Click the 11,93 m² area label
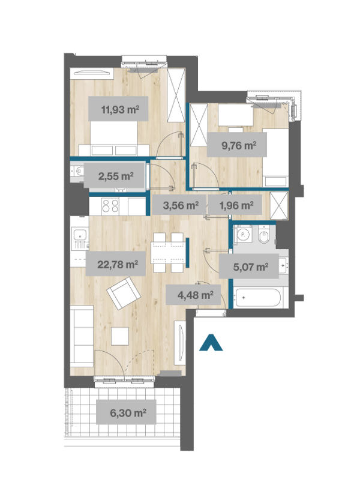[120, 110]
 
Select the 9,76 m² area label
[239, 145]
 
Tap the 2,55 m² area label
[116, 176]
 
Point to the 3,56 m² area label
[181, 205]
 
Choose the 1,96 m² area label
[236, 205]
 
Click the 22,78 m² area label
[118, 265]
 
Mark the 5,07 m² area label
[251, 267]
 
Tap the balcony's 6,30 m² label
[128, 413]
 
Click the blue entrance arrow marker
[211, 343]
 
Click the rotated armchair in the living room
[123, 293]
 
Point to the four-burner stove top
[110, 206]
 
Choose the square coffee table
[120, 336]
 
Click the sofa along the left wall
[82, 336]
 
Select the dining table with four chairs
[169, 252]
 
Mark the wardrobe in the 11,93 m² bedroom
[176, 95]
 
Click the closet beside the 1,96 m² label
[279, 206]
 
